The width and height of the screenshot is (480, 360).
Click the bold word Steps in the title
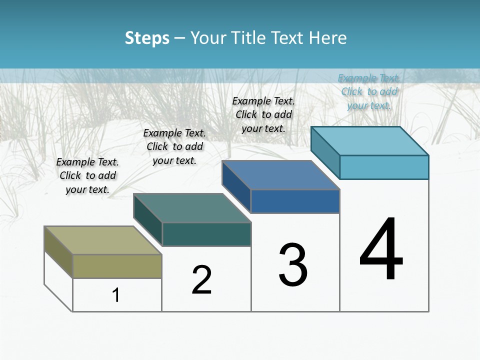pyautogui.click(x=147, y=38)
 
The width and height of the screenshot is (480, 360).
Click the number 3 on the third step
pyautogui.click(x=293, y=265)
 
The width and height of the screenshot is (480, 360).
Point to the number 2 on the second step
pyautogui.click(x=201, y=280)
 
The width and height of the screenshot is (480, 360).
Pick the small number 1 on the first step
pyautogui.click(x=116, y=295)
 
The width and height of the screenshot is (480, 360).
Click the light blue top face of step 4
pyautogui.click(x=370, y=141)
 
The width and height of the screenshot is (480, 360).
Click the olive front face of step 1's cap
pyautogui.click(x=117, y=266)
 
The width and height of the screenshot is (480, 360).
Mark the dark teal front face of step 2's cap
pyautogui.click(x=206, y=234)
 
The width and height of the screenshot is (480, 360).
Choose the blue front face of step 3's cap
pyautogui.click(x=295, y=201)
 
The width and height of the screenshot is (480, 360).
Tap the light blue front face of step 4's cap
pyautogui.click(x=384, y=167)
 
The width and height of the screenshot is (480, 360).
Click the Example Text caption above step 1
pyautogui.click(x=87, y=175)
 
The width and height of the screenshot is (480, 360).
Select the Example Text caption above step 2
pyautogui.click(x=174, y=146)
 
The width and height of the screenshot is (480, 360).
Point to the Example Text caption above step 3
pyautogui.click(x=263, y=114)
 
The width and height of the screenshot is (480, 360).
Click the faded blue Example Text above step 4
pyautogui.click(x=369, y=91)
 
